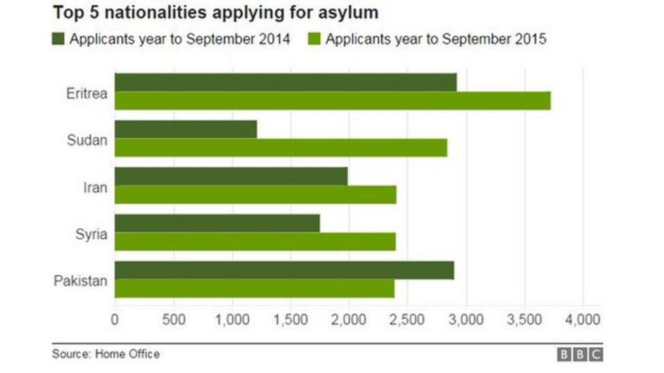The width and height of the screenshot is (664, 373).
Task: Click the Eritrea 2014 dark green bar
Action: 285,82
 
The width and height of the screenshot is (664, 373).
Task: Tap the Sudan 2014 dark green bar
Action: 185,129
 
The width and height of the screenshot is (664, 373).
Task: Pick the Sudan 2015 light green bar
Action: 280,147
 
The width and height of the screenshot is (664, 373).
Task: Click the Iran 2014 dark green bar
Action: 231,176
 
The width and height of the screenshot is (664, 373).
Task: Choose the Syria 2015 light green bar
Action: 254,241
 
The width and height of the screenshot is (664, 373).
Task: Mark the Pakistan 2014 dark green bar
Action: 284,270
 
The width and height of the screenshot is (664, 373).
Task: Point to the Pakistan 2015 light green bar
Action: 254,288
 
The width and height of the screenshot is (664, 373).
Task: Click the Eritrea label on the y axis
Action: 86,94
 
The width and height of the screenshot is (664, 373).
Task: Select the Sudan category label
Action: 87,141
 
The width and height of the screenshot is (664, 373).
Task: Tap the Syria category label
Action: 90,234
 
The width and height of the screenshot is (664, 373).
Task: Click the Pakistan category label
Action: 81,281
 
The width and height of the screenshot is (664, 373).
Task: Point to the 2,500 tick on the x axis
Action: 407,319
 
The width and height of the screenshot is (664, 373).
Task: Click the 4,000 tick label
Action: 582,319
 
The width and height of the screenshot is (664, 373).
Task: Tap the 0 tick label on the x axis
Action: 114,319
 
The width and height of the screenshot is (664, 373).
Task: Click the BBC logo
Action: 580,355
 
